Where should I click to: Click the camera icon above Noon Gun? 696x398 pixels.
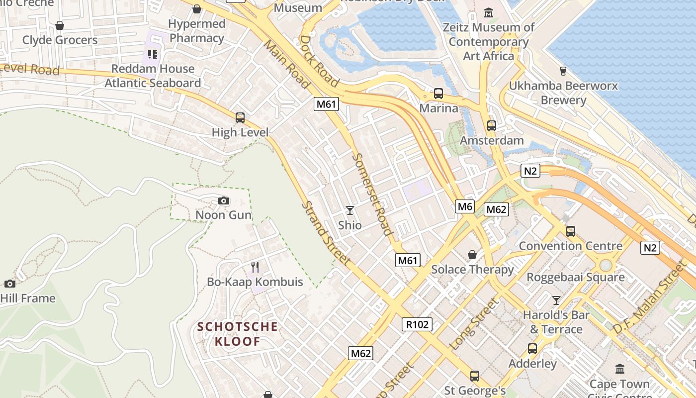click(x=224, y=201)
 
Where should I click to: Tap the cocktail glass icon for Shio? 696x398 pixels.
click(x=350, y=210)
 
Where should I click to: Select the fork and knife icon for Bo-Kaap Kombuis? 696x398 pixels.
click(x=255, y=267)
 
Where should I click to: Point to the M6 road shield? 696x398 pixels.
click(x=465, y=206)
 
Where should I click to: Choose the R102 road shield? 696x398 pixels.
click(x=417, y=325)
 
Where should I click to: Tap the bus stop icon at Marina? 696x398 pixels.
click(x=438, y=94)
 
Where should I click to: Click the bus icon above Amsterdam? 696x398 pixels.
click(x=492, y=126)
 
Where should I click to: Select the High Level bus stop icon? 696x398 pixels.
click(x=240, y=118)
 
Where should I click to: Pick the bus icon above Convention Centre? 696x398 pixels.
click(x=571, y=231)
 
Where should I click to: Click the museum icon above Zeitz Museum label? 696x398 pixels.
click(x=489, y=12)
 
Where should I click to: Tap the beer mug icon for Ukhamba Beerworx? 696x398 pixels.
click(x=563, y=71)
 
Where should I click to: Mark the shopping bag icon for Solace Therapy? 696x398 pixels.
click(x=472, y=255)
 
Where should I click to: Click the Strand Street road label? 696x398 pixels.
click(x=326, y=233)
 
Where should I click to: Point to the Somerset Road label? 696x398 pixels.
click(x=372, y=194)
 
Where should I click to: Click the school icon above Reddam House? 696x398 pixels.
click(x=152, y=54)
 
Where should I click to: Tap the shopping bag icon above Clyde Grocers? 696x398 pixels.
click(x=60, y=25)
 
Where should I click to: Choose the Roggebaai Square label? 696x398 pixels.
click(x=576, y=277)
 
